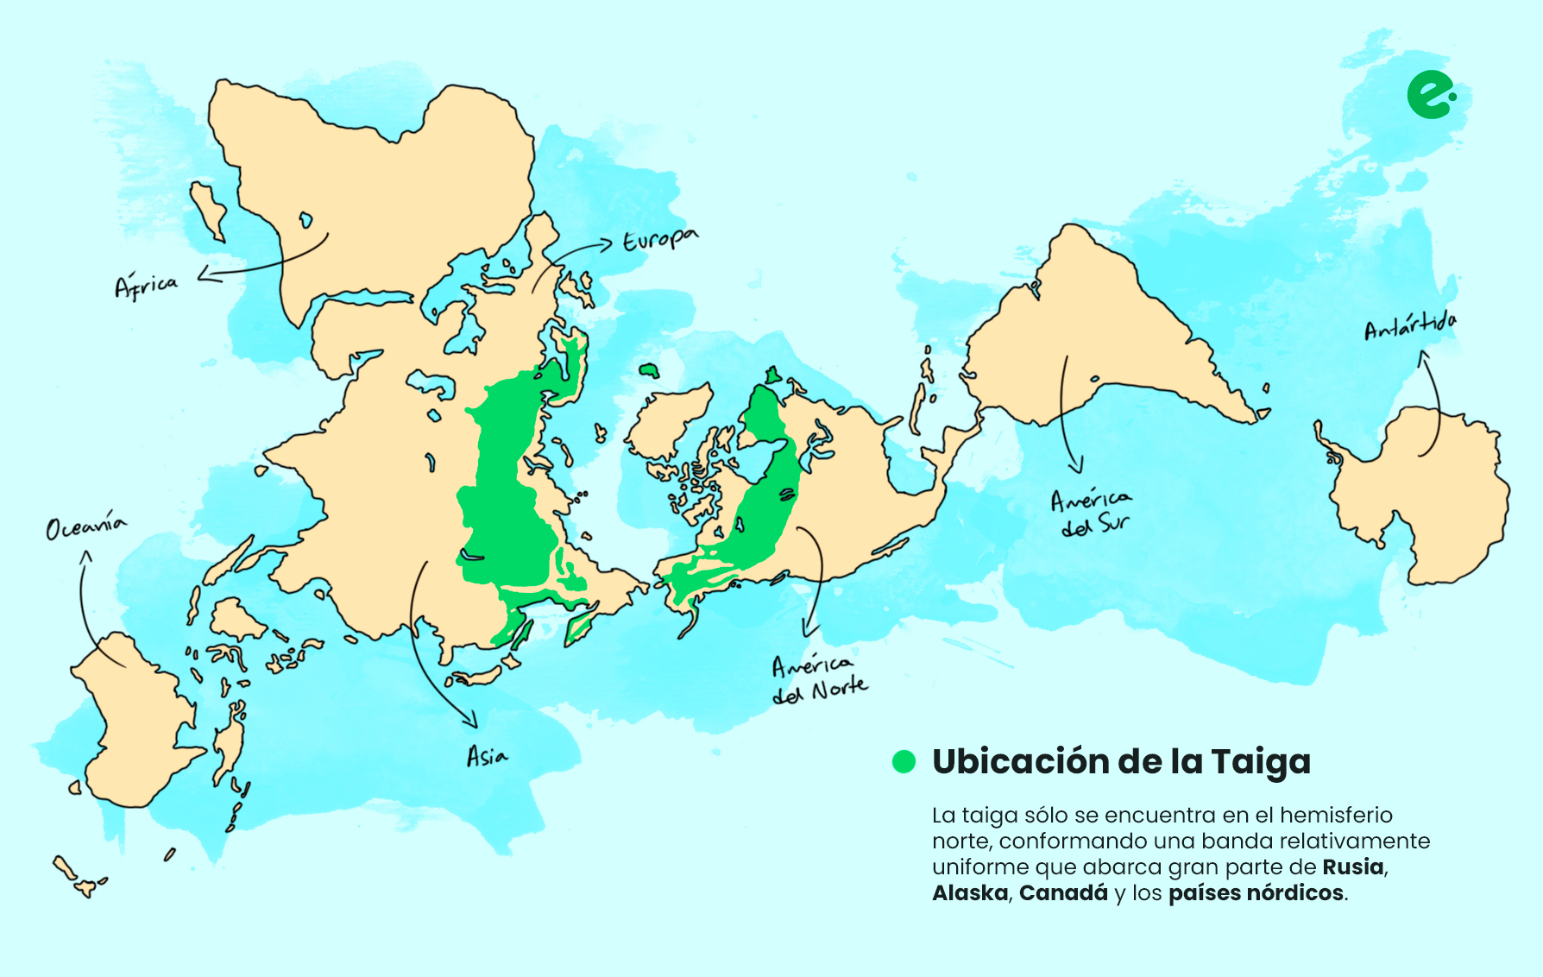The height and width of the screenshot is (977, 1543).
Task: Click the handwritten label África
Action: (x=146, y=286)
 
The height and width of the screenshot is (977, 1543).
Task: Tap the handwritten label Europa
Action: (x=660, y=240)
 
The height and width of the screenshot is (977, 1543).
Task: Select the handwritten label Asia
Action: (x=487, y=757)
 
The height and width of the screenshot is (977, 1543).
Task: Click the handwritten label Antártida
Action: (x=1410, y=327)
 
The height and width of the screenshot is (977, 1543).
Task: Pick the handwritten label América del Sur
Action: (x=1091, y=512)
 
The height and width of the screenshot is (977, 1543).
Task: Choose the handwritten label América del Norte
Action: (x=819, y=679)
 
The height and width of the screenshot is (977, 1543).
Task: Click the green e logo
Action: (x=1430, y=95)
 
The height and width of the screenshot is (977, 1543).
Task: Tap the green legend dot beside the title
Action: (x=904, y=761)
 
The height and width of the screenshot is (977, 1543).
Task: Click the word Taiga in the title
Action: (x=1260, y=762)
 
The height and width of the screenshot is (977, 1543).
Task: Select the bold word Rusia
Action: (x=1353, y=867)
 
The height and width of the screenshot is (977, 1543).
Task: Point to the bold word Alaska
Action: (x=970, y=892)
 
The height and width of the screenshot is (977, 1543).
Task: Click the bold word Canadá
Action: (x=1063, y=892)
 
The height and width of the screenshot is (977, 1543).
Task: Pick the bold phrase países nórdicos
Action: (x=1256, y=892)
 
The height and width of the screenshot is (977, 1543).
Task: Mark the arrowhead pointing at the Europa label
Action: (x=609, y=245)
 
